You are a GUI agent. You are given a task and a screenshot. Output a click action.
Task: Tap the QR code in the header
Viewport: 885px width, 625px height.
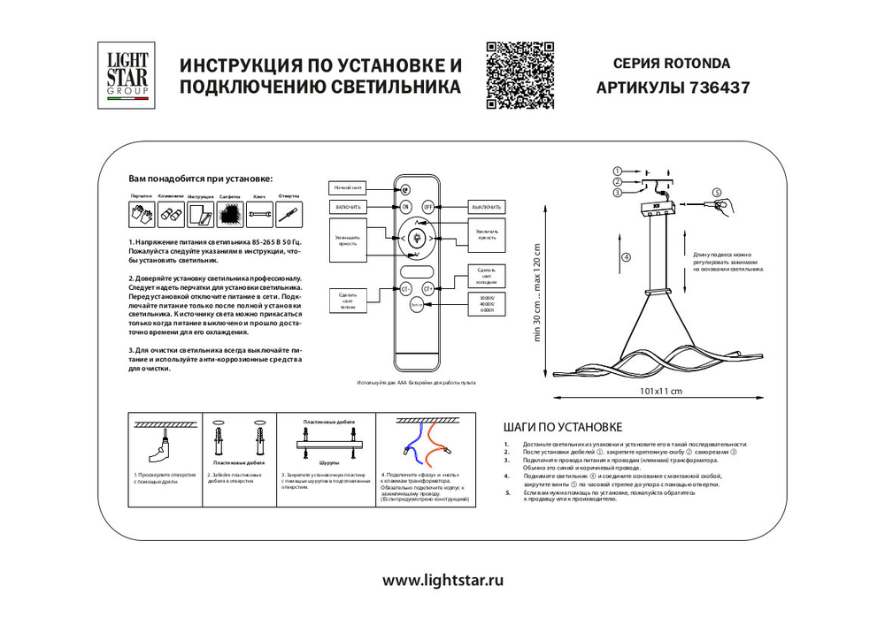tap(520, 75)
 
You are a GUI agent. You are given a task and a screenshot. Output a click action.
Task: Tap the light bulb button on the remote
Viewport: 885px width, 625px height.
tap(416, 237)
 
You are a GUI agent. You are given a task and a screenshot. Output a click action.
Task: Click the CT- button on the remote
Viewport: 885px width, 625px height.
tap(405, 288)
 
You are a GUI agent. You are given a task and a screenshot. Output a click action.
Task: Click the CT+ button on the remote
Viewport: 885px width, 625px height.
tap(427, 288)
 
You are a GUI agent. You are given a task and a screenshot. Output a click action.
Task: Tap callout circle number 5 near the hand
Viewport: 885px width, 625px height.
tap(717, 192)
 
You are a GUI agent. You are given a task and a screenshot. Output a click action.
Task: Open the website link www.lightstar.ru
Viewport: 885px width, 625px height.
tap(442, 581)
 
